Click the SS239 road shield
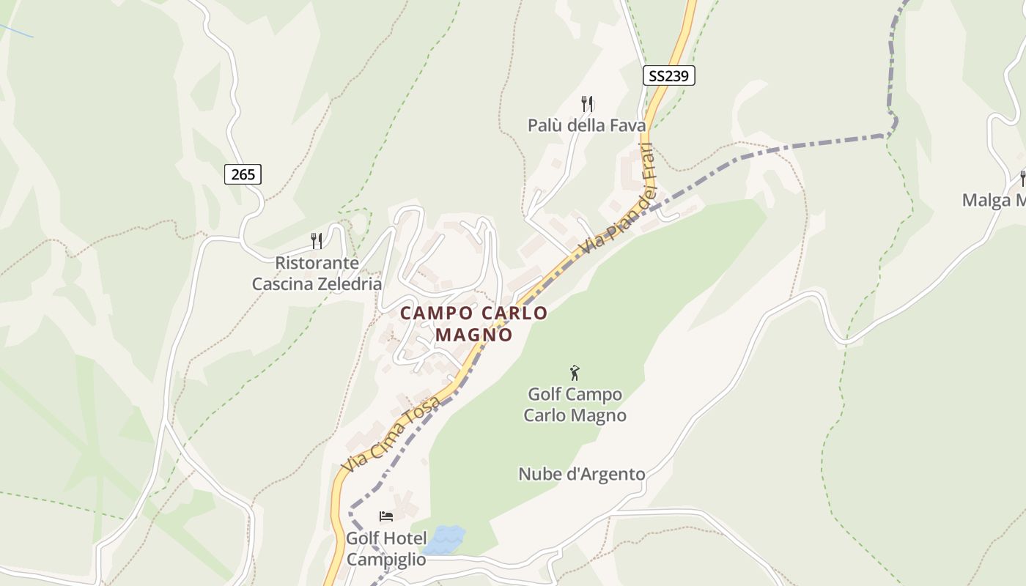coord(669,75)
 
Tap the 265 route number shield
coord(243,174)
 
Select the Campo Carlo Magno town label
coord(473,323)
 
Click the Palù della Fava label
coord(586,125)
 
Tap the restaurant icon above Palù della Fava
coord(586,103)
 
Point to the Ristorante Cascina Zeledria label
coord(317,273)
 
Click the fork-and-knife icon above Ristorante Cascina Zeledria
coord(317,240)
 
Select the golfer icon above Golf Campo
coord(575,373)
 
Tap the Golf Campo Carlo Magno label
coord(575,405)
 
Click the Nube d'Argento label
coord(582,474)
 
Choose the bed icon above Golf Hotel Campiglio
coord(385,516)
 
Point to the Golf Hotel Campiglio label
coord(385,549)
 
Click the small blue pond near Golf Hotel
coord(445,540)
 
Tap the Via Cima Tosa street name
coord(393,435)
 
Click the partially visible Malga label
coord(994,200)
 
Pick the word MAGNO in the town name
coord(473,335)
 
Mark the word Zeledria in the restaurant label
coord(347,284)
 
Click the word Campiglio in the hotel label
coord(385,560)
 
